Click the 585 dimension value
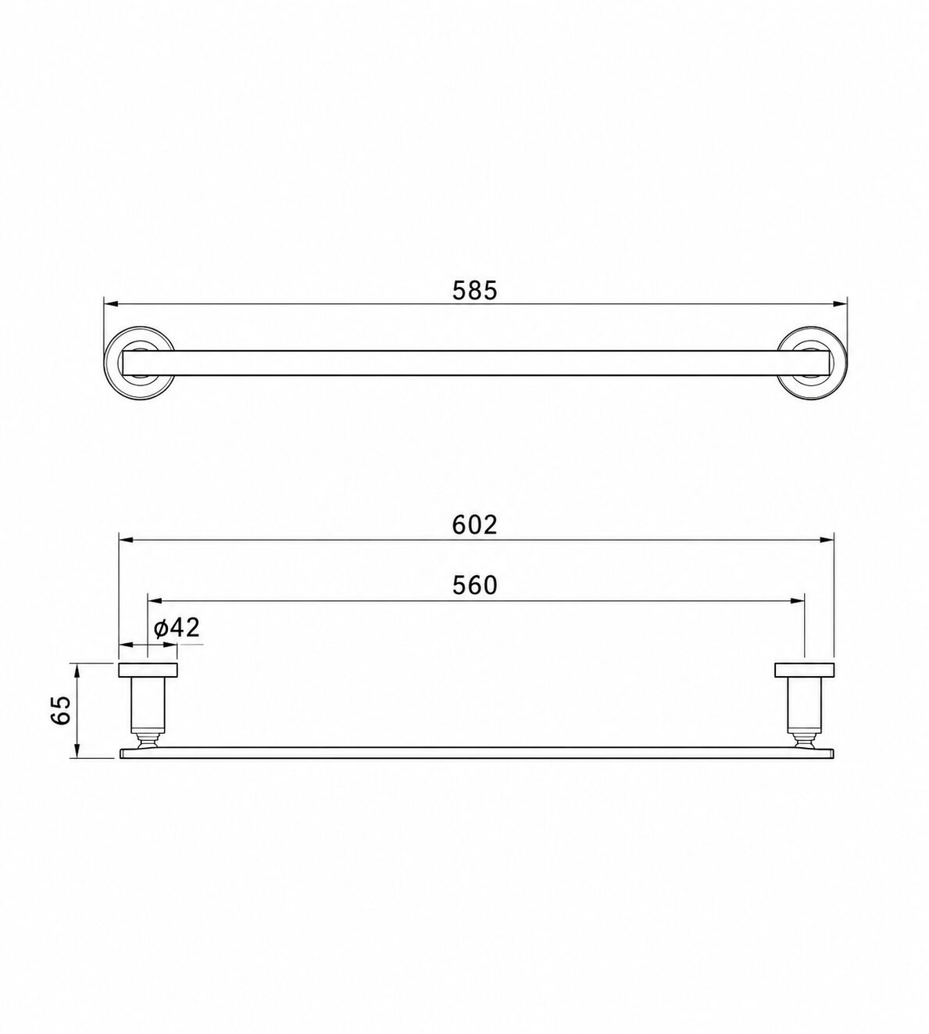click(475, 291)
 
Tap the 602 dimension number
click(475, 524)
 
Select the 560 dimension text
click(475, 585)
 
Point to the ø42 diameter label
click(177, 628)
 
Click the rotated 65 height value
click(61, 710)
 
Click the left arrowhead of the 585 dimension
click(112, 303)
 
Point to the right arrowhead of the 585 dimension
click(840, 303)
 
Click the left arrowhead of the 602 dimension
click(127, 540)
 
